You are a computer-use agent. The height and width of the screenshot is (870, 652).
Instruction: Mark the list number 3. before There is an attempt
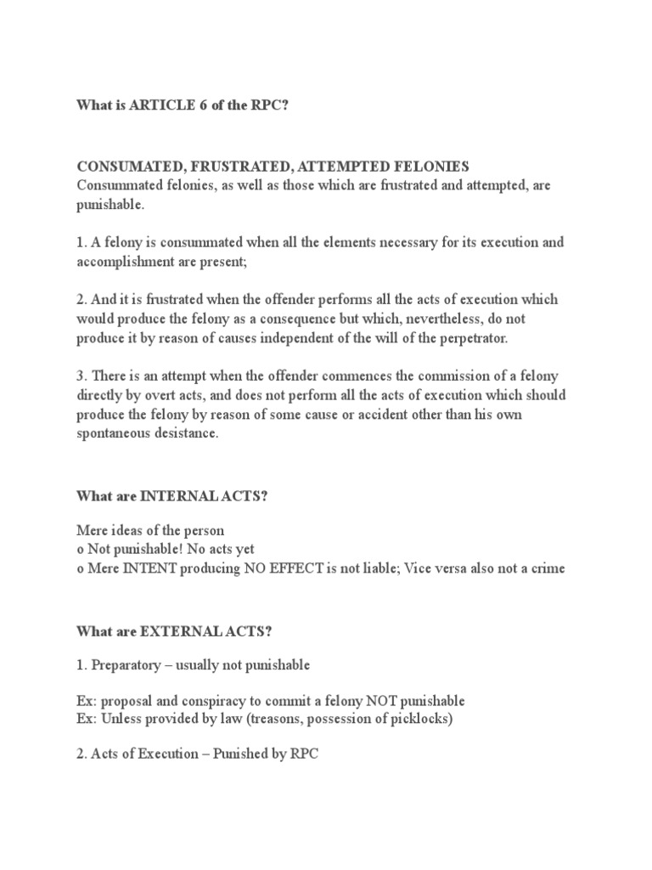tap(81, 376)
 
